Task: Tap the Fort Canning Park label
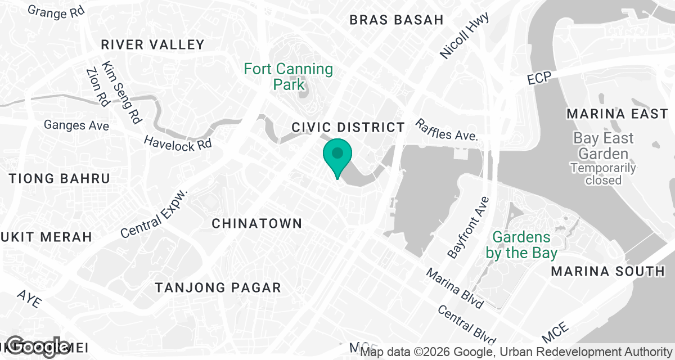click(x=288, y=77)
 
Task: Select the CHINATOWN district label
click(x=257, y=223)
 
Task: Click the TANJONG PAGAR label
click(x=218, y=288)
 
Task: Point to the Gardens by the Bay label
click(x=521, y=245)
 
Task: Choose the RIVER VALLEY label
click(x=152, y=44)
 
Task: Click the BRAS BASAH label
click(x=397, y=20)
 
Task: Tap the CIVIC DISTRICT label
click(x=348, y=127)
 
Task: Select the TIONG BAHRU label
click(x=60, y=178)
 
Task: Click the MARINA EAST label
click(x=617, y=114)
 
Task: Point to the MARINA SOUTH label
click(x=607, y=271)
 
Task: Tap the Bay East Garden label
click(x=604, y=146)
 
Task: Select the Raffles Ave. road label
click(x=447, y=130)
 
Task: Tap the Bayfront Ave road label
click(x=468, y=228)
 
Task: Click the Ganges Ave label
click(x=76, y=125)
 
